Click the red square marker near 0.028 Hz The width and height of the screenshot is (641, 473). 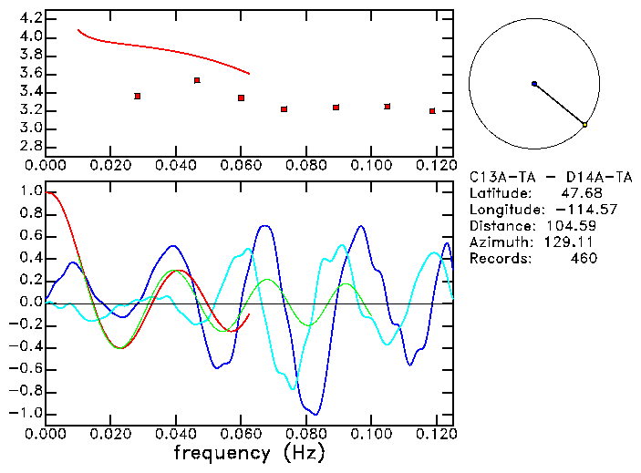coord(137,96)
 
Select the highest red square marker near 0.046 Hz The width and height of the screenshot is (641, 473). coord(197,80)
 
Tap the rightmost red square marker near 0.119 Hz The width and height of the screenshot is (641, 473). coord(432,111)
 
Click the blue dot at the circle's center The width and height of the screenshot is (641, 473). coord(534,84)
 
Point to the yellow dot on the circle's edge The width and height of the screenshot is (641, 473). coord(584,124)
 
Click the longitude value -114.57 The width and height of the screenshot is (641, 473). coord(574,210)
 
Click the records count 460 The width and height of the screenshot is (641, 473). coord(584,259)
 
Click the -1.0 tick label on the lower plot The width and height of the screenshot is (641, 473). coord(26,413)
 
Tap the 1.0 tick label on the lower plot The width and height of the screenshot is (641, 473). coord(31,192)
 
